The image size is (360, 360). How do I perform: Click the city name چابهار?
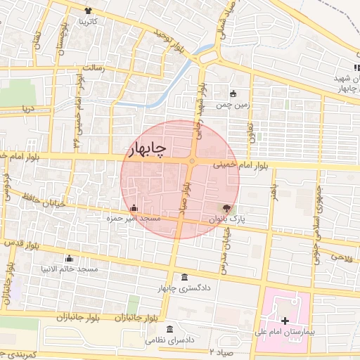(147, 149)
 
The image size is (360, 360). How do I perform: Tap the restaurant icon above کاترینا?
(88, 11)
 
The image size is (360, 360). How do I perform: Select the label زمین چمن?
(233, 105)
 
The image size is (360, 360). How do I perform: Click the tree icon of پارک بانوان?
(226, 208)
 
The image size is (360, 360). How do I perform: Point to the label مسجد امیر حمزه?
(134, 219)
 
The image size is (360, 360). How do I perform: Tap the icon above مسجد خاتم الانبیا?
(68, 259)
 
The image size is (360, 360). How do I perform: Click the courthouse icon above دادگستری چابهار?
(184, 276)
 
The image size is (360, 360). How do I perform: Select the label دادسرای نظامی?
(169, 340)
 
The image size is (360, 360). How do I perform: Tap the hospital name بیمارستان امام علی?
(282, 330)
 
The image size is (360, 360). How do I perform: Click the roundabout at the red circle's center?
(191, 162)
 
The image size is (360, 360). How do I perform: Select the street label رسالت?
(94, 68)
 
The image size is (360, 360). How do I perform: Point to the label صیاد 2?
(219, 350)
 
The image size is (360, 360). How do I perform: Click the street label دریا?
(27, 109)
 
